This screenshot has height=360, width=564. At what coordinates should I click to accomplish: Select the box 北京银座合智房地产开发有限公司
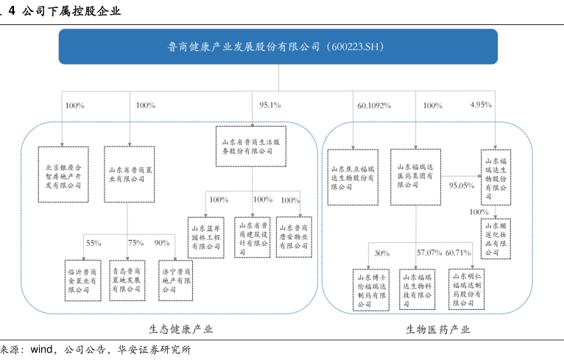click(x=62, y=173)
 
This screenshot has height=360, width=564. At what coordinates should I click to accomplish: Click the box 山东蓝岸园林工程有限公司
click(x=205, y=236)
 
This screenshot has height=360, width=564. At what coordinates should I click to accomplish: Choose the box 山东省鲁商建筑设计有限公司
click(x=253, y=236)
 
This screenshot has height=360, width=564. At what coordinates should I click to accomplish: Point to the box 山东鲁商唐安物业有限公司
click(x=294, y=236)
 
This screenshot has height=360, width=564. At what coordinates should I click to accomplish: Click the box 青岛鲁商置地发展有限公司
click(x=128, y=280)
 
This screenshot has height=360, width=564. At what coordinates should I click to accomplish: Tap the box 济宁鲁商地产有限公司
click(x=177, y=280)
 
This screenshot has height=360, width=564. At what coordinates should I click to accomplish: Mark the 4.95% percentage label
click(x=481, y=105)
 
